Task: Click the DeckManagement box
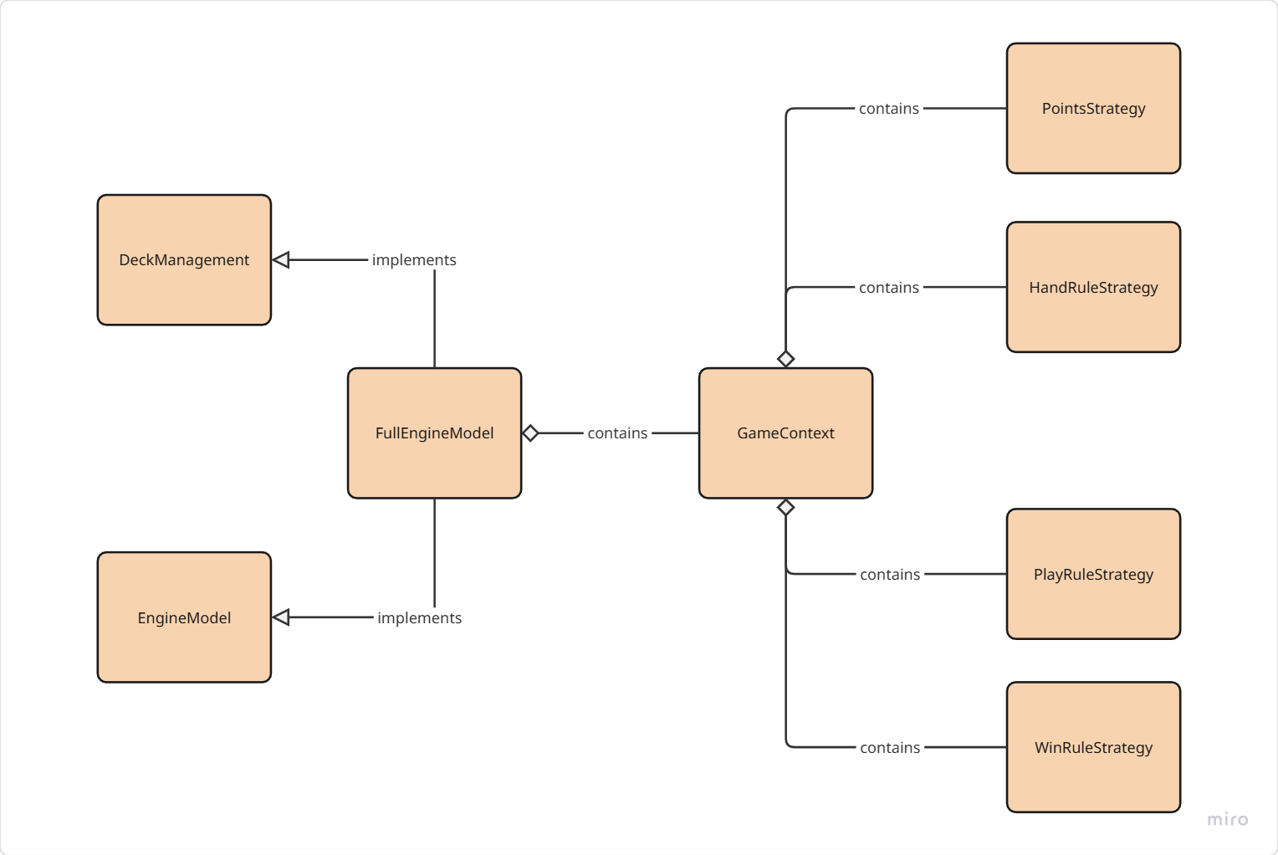click(x=184, y=259)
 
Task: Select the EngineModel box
click(x=184, y=617)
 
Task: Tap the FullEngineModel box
click(x=434, y=433)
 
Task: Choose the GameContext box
click(x=785, y=433)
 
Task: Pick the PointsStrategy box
click(x=1093, y=108)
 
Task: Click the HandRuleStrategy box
click(x=1093, y=287)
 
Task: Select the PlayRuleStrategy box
click(x=1093, y=574)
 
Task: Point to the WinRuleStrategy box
click(x=1093, y=747)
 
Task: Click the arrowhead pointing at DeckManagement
click(x=281, y=259)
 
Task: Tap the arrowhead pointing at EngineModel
click(x=281, y=617)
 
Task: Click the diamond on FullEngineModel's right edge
click(x=530, y=433)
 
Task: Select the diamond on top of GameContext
click(x=785, y=359)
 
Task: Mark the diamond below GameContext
click(x=785, y=507)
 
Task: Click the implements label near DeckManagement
click(x=414, y=259)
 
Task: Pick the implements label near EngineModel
click(x=419, y=617)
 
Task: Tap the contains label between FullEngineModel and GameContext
click(x=617, y=433)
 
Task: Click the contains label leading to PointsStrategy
click(x=888, y=108)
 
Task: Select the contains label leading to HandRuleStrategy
click(x=888, y=287)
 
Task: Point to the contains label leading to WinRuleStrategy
click(x=890, y=747)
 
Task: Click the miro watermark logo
click(x=1227, y=819)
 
